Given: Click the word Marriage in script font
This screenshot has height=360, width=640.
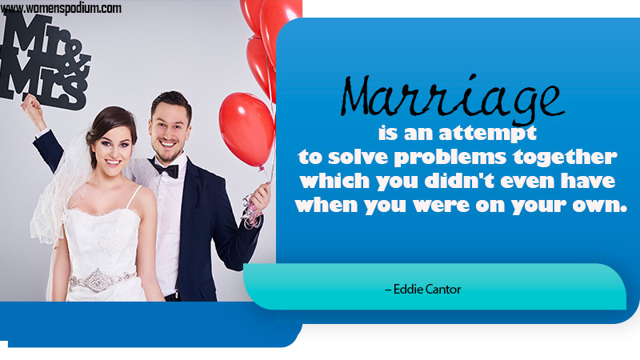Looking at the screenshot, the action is click(x=452, y=98).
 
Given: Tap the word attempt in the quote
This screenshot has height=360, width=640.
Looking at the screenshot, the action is click(x=488, y=134).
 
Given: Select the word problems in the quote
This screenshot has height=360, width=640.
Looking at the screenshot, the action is click(x=450, y=158).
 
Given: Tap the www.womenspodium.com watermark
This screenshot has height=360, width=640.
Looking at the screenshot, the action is click(x=61, y=8).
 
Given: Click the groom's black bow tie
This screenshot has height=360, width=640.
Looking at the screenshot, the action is click(x=165, y=168).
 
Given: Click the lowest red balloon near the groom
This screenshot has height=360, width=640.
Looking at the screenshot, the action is click(x=246, y=129).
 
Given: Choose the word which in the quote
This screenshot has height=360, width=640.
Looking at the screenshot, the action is click(x=334, y=181).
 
